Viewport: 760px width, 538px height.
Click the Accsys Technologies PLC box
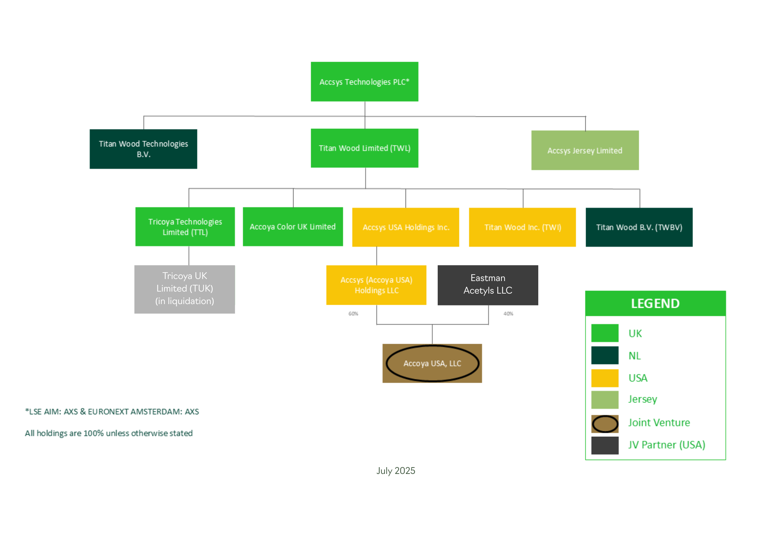(x=364, y=82)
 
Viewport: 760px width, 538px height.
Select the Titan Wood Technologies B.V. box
(x=143, y=149)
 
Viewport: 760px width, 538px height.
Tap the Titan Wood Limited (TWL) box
(x=364, y=148)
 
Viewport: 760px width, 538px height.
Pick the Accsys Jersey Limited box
(x=585, y=150)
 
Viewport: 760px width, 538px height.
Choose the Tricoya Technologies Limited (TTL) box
(x=185, y=226)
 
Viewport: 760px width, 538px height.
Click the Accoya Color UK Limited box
(x=292, y=226)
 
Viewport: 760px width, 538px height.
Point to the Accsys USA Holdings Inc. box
(x=405, y=227)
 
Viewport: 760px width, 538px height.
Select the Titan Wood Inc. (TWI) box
(x=522, y=227)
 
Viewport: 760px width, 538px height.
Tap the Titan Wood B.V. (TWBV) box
(x=639, y=227)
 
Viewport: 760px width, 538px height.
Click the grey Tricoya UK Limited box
(x=184, y=289)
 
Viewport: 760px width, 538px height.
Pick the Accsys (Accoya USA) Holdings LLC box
(x=376, y=285)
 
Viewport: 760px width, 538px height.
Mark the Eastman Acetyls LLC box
(x=487, y=285)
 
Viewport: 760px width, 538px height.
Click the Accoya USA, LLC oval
(x=432, y=363)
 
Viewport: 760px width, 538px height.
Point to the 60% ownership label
(x=353, y=314)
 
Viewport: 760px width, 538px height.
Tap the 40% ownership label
(x=508, y=314)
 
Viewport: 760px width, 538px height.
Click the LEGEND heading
(x=655, y=303)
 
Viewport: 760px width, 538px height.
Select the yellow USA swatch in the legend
(x=605, y=378)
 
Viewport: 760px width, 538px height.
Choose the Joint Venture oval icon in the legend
(x=605, y=424)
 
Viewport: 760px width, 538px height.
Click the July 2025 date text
(x=395, y=471)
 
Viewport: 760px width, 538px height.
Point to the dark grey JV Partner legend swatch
(x=605, y=445)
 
